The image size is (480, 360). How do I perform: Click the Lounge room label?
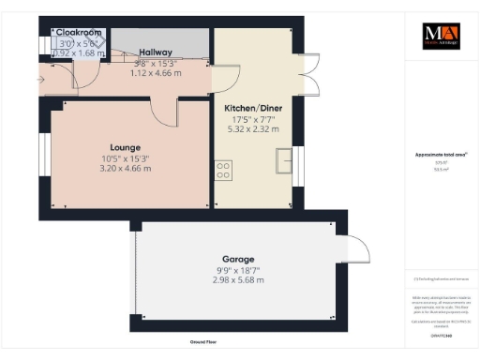pyautogui.click(x=126, y=147)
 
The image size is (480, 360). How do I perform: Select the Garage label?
pyautogui.click(x=238, y=259)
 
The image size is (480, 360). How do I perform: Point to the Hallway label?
pyautogui.click(x=155, y=52)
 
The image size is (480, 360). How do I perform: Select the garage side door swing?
pyautogui.click(x=357, y=248)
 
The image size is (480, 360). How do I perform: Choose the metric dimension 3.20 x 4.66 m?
pyautogui.click(x=126, y=169)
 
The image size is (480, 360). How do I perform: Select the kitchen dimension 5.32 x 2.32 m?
pyautogui.click(x=251, y=129)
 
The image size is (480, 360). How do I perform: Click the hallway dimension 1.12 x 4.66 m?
pyautogui.click(x=155, y=71)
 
